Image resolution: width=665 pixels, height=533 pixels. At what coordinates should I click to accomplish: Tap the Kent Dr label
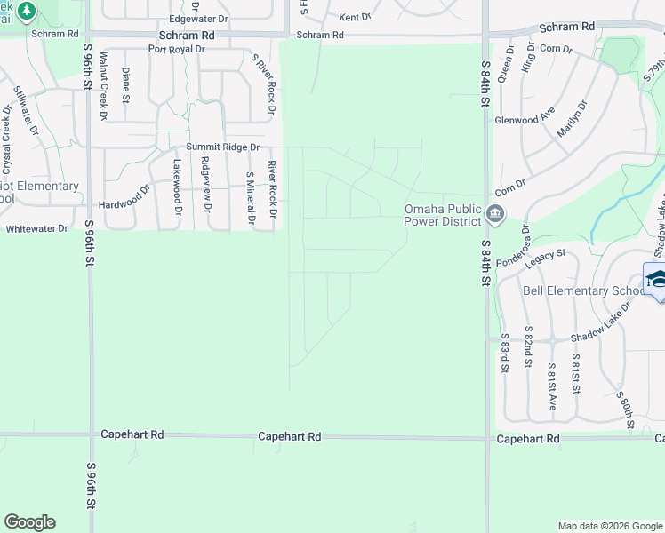point(355,17)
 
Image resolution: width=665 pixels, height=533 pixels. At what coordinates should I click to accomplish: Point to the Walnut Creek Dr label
point(104,85)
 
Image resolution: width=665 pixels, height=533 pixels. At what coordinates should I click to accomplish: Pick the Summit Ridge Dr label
point(222,147)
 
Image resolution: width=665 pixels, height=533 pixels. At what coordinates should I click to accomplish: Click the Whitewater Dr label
point(36,228)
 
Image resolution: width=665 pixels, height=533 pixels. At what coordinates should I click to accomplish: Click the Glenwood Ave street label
point(525,120)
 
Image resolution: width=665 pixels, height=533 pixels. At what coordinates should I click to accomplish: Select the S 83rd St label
point(505,353)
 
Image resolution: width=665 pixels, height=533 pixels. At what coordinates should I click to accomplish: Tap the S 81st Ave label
point(551,377)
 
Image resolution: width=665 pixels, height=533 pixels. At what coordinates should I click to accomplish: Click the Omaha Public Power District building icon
point(495,214)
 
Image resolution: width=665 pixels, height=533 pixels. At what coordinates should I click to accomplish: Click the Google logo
point(29,522)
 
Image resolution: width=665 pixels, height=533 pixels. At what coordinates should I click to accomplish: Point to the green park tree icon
point(27,12)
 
